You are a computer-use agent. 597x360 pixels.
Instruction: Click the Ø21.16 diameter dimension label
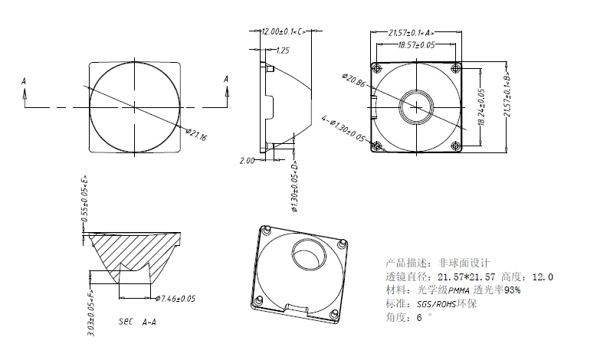pyautogui.click(x=198, y=136)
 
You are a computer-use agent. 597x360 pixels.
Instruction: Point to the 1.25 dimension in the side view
pyautogui.click(x=282, y=51)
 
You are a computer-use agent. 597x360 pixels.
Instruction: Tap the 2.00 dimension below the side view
pyautogui.click(x=247, y=161)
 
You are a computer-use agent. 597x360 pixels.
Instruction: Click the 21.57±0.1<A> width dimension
pyautogui.click(x=412, y=32)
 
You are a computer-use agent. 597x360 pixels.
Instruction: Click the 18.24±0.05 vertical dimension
pyautogui.click(x=481, y=106)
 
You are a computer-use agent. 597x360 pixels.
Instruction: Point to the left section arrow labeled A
pyautogui.click(x=25, y=90)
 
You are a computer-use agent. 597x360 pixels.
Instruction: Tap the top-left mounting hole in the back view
pyautogui.click(x=376, y=68)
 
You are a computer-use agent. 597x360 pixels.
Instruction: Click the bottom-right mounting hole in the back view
pyautogui.click(x=456, y=146)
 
